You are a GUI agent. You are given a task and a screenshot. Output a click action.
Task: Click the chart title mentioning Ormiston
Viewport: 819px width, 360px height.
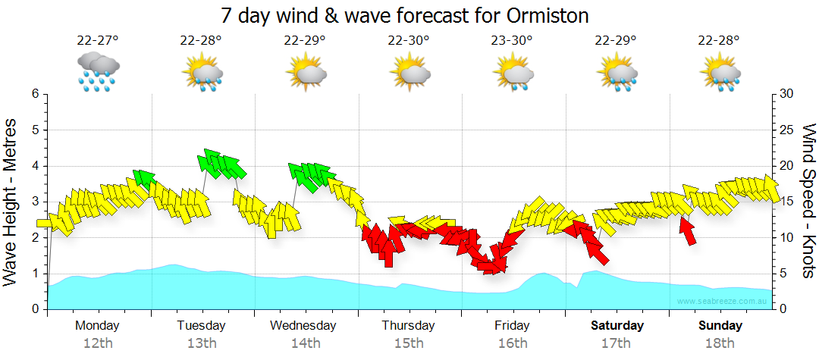pyautogui.click(x=405, y=15)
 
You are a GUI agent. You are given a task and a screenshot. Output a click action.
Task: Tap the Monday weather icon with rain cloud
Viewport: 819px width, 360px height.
pyautogui.click(x=98, y=72)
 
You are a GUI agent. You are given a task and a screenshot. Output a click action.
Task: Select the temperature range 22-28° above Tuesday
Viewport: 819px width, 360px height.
pyautogui.click(x=201, y=40)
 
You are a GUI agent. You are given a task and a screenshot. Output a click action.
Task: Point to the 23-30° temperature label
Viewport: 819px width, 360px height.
pyautogui.click(x=512, y=40)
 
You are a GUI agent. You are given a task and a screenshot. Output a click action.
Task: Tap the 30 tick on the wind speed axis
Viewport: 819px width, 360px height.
pyautogui.click(x=786, y=94)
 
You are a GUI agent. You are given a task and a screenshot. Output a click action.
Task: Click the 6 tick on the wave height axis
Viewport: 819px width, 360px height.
pyautogui.click(x=35, y=94)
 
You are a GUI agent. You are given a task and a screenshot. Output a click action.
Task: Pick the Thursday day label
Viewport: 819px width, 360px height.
pyautogui.click(x=408, y=326)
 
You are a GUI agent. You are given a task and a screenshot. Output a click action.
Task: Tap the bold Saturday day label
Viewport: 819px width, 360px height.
pyautogui.click(x=617, y=326)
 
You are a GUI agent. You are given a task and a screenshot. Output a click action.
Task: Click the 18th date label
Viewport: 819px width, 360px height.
pyautogui.click(x=720, y=343)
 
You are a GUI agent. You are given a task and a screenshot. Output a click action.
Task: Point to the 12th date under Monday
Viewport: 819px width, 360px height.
pyautogui.click(x=97, y=343)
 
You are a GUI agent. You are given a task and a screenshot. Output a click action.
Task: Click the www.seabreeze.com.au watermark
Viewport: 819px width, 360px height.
pyautogui.click(x=723, y=302)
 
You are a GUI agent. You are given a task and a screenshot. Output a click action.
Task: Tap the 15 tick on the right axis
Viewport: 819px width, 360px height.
pyautogui.click(x=786, y=202)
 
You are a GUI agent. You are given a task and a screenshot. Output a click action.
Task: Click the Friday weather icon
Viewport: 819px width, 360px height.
pyautogui.click(x=513, y=74)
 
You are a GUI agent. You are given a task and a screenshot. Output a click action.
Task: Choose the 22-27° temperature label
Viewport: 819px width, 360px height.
pyautogui.click(x=97, y=40)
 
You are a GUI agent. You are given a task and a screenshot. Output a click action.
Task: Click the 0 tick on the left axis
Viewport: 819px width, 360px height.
pyautogui.click(x=35, y=309)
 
